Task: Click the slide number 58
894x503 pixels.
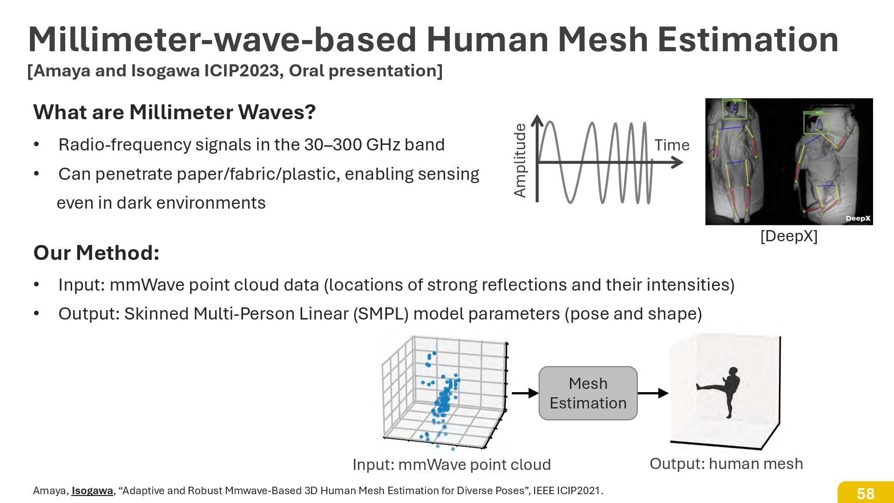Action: (865, 493)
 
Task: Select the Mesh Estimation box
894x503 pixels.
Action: (588, 393)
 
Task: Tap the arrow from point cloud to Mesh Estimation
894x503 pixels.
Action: (525, 393)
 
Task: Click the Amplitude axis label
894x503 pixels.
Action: (520, 160)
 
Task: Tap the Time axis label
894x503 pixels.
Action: (671, 145)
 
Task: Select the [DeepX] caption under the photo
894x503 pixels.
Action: (788, 236)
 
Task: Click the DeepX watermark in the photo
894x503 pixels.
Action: (857, 218)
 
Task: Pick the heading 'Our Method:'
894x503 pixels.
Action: (96, 253)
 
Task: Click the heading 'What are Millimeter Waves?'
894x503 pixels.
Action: (175, 112)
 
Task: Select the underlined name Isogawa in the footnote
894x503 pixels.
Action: (92, 490)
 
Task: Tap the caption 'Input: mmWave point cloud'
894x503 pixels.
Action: (452, 464)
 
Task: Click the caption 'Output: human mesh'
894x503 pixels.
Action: (726, 463)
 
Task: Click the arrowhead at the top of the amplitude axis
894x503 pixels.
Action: (537, 120)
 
